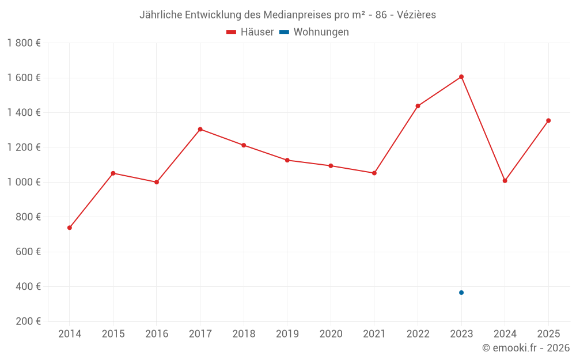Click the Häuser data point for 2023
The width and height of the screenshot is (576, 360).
[461, 77]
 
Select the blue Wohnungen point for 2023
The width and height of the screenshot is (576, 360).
[461, 293]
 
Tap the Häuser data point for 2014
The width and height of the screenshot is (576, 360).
[70, 228]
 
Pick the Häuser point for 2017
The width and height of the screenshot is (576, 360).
[200, 129]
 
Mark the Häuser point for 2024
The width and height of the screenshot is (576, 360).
[505, 181]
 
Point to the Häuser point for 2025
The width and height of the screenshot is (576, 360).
[548, 120]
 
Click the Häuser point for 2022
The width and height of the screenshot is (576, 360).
[418, 106]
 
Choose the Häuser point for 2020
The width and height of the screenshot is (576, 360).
[331, 166]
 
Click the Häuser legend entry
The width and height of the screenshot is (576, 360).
[250, 32]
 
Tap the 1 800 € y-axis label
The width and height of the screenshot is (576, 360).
[24, 43]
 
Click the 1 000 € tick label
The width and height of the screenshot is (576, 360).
[24, 182]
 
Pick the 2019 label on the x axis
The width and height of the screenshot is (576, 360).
[287, 334]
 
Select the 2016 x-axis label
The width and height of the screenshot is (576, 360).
[157, 334]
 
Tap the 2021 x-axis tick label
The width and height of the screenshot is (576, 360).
[374, 334]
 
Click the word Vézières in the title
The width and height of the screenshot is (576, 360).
[416, 15]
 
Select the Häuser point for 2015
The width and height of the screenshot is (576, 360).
[113, 173]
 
